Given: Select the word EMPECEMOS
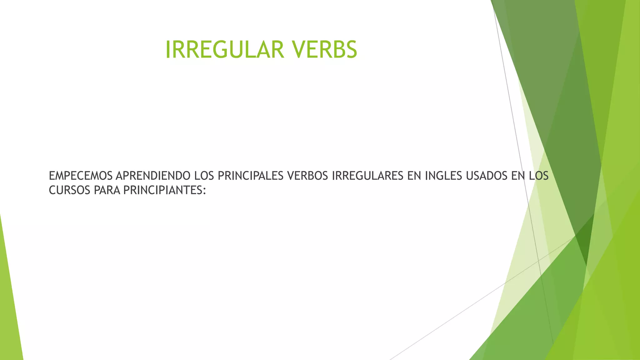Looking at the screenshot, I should (81, 176).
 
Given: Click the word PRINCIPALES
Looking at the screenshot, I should (250, 176).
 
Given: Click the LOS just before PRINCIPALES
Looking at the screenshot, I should (204, 176).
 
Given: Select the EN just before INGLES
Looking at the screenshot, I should (414, 176).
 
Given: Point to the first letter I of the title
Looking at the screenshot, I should (167, 50).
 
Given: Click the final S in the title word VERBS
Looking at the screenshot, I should (352, 50).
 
